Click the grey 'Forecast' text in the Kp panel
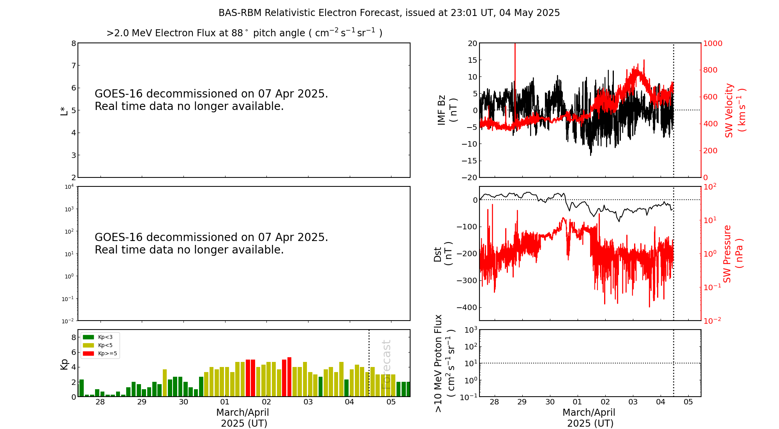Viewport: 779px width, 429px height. pos(386,364)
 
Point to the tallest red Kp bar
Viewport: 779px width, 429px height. pos(289,376)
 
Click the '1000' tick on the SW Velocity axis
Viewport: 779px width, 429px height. pos(712,43)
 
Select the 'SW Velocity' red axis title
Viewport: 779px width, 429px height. pos(729,110)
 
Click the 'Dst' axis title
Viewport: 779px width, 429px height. pos(437,254)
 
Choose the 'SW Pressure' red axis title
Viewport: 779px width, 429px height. pos(727,254)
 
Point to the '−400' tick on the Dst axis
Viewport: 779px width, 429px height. pos(467,307)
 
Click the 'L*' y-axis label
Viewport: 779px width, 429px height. pos(64,110)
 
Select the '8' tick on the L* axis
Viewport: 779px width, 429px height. pos(73,43)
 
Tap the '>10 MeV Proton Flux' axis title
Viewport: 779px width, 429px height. pos(439,363)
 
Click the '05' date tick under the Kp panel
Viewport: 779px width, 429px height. pos(391,402)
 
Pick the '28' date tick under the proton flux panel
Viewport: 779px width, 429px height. pos(495,402)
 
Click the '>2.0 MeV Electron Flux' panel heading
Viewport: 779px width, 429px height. pos(244,33)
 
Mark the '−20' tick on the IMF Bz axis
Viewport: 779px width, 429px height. pos(469,177)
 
